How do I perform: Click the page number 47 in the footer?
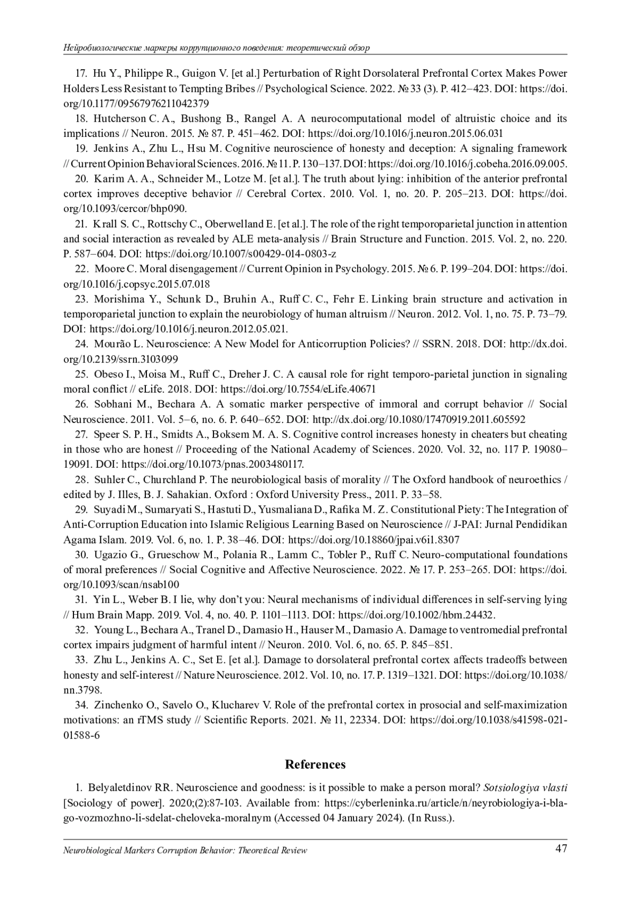pos(561,849)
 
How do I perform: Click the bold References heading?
pos(315,764)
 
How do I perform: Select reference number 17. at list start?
pos(82,73)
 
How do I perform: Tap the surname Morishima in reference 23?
pos(119,299)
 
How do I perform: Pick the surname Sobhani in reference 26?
pos(114,404)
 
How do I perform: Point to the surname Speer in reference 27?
pos(106,434)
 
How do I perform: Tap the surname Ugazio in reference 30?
pos(111,554)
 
